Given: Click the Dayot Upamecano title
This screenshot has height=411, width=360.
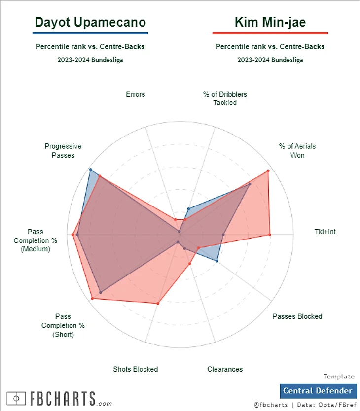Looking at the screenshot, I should (90, 22).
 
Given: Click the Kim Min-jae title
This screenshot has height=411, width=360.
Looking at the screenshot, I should (270, 22).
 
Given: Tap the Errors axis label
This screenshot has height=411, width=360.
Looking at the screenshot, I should (135, 94).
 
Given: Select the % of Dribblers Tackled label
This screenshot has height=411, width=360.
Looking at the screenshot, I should (225, 98).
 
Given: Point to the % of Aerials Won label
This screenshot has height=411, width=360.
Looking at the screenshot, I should (297, 150).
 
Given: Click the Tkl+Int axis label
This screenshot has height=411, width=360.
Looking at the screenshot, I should (325, 231).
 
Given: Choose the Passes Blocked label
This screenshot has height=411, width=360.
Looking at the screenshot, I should (297, 316).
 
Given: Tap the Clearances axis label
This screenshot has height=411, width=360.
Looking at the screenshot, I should (225, 369).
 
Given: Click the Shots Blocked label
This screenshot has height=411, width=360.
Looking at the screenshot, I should (135, 369).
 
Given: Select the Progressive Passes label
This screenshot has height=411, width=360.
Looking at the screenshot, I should (63, 150).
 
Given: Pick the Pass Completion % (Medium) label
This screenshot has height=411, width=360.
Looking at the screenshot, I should (36, 240).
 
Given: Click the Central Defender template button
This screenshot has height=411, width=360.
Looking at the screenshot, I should (318, 391).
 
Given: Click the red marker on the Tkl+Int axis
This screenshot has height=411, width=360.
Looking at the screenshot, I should (270, 235).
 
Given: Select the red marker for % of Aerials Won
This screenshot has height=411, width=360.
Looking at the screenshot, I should (268, 171).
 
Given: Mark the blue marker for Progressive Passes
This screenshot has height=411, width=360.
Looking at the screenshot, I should (90, 170).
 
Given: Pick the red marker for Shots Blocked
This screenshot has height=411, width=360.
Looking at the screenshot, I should (158, 303).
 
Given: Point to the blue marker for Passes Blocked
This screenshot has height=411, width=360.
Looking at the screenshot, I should (217, 261).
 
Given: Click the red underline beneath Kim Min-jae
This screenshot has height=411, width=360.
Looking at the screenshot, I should (270, 33).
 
